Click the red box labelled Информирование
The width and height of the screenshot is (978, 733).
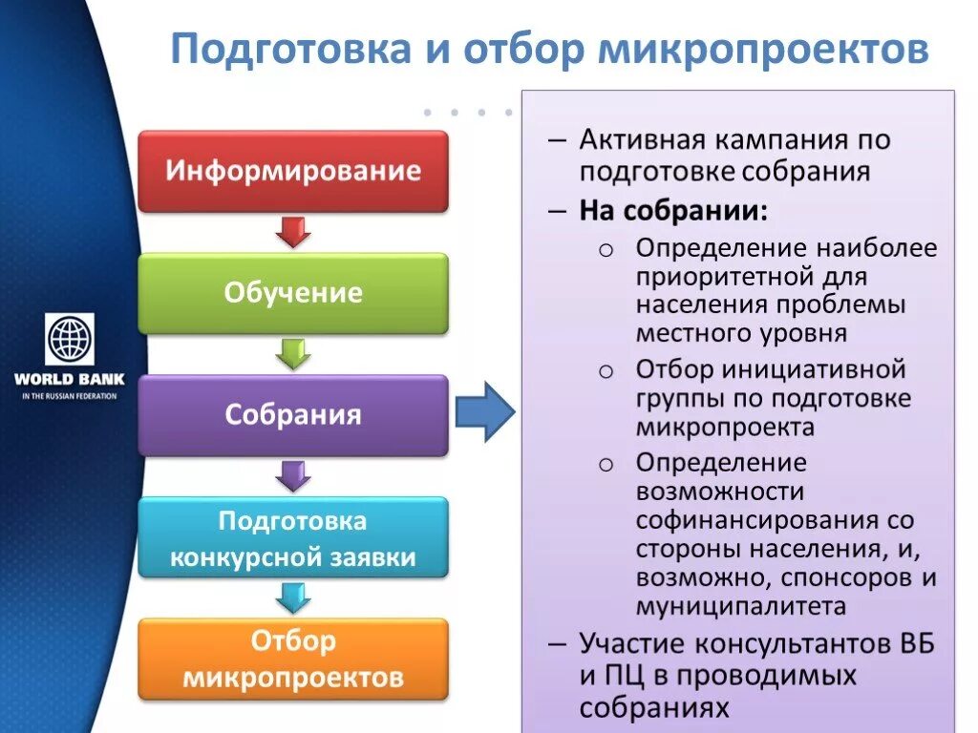(293, 171)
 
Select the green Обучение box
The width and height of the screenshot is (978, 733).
(293, 292)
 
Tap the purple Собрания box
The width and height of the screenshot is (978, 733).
(293, 414)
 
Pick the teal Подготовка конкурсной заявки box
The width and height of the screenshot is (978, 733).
(293, 537)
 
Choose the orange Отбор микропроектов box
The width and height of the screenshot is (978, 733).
(293, 659)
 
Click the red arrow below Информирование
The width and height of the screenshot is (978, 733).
(293, 232)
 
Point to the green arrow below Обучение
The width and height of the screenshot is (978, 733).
(293, 353)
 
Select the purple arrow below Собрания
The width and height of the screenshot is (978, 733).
(293, 475)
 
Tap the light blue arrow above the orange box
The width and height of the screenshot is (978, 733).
(293, 597)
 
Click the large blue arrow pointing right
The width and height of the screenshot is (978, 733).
(484, 411)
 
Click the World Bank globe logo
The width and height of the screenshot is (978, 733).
(69, 340)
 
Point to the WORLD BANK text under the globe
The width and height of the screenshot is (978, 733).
(69, 379)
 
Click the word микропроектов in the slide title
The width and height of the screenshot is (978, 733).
(763, 50)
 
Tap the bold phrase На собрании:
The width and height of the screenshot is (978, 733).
(672, 210)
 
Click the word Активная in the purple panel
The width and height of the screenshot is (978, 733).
(639, 140)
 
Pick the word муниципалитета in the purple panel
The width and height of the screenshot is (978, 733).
(741, 606)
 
